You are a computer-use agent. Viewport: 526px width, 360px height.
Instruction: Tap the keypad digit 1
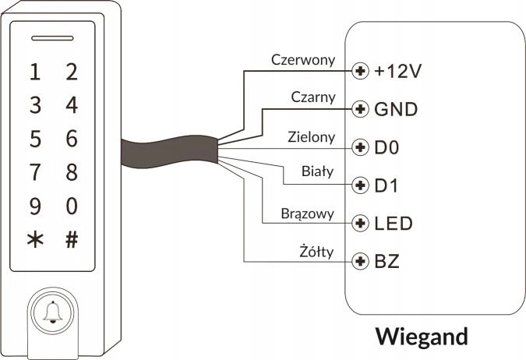34,72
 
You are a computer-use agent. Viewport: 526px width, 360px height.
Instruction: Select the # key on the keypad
72,240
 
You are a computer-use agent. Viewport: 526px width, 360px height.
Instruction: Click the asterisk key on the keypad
34,240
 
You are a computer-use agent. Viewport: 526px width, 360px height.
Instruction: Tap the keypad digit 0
72,206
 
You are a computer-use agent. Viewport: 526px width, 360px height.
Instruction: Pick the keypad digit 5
34,139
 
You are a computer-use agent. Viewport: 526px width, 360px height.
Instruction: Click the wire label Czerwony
303,59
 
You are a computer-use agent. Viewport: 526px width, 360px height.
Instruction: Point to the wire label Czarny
313,97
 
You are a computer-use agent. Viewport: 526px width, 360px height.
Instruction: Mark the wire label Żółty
316,250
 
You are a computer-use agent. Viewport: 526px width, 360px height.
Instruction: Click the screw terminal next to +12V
360,72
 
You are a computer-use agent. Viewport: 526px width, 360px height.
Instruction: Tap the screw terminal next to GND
360,109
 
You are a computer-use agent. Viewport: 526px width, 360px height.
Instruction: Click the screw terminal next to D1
360,185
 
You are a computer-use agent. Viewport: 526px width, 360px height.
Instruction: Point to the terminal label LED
394,224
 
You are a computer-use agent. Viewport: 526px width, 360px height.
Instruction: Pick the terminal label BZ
387,261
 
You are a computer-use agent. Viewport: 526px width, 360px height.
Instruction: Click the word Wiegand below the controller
422,337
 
